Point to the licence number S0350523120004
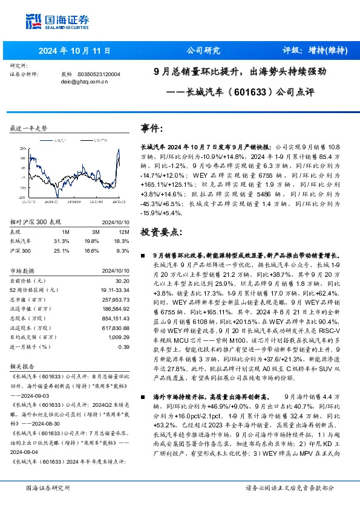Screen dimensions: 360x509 coord(98,74)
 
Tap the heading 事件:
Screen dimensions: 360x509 coord(151,129)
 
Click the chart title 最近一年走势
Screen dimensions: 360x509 coord(28,129)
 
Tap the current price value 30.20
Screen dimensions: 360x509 coord(122,280)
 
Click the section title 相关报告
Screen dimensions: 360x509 coord(24,366)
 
